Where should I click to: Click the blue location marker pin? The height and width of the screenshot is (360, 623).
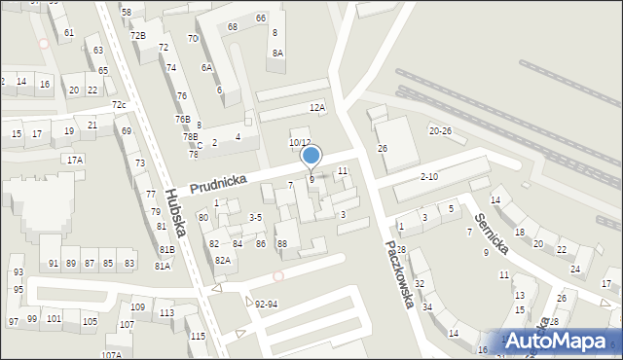[x=311, y=156]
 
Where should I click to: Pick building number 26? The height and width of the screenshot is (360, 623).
[x=383, y=148]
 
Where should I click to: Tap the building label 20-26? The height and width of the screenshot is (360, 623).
[x=440, y=130]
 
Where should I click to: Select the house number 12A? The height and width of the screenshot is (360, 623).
[x=317, y=108]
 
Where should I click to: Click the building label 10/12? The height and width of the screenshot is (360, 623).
[x=299, y=142]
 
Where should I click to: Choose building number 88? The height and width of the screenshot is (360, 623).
[x=282, y=243]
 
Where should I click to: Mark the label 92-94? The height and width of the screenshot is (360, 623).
[x=267, y=303]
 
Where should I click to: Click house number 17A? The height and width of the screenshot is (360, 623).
[x=74, y=159]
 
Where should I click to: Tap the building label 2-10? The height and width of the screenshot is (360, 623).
[x=429, y=176]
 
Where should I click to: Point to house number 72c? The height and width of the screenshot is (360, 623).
[x=118, y=105]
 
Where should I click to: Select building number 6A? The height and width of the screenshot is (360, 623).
[x=206, y=68]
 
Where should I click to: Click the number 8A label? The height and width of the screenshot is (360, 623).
[x=277, y=54]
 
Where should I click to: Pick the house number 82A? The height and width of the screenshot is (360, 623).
[x=223, y=260]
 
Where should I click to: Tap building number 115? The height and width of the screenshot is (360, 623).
[x=199, y=336]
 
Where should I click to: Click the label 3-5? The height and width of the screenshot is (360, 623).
[x=256, y=217]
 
